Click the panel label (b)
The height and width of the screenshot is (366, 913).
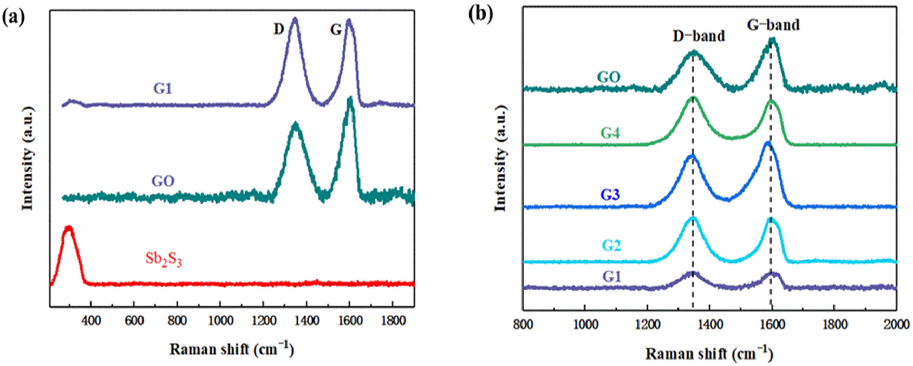click(x=481, y=15)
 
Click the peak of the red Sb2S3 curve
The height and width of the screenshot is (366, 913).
click(x=68, y=228)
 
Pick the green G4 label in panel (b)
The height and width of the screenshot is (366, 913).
click(x=610, y=134)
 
